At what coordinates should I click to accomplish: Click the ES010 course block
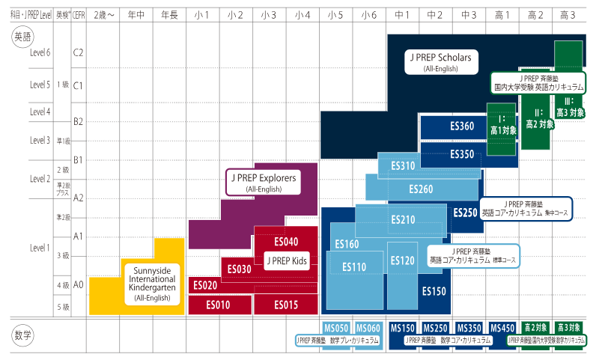point(220,305)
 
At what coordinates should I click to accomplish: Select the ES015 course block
point(285,305)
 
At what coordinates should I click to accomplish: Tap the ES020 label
point(205,285)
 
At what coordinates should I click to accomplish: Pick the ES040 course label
point(286,242)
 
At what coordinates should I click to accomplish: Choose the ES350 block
point(462,154)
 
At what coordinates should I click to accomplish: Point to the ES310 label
point(402,165)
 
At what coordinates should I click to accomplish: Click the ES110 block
point(354,266)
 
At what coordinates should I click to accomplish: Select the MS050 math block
point(336,328)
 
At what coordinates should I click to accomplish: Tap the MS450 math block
point(502,328)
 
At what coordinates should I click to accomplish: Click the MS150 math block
point(403,328)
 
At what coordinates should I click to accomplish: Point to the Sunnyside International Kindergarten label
point(153,283)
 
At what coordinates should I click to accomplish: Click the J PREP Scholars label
point(441,61)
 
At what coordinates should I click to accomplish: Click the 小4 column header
point(303,14)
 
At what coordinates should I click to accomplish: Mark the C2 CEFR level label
point(78,52)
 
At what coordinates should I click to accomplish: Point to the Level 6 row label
point(40,52)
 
